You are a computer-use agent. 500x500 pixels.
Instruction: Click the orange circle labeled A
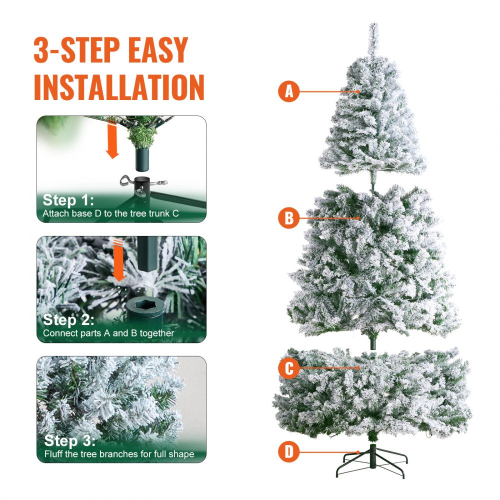point(288,92)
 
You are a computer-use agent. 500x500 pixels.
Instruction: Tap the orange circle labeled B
point(288,218)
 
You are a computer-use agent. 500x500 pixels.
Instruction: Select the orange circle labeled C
point(288,368)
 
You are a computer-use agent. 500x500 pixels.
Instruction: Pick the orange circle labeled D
point(288,452)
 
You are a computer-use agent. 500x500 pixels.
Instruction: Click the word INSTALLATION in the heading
point(119,87)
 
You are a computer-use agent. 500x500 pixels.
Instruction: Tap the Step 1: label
point(67,200)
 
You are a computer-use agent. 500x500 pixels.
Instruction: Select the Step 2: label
point(68,320)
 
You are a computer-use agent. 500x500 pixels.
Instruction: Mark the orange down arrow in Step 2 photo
point(119,260)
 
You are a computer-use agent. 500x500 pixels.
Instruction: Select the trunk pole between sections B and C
point(372,343)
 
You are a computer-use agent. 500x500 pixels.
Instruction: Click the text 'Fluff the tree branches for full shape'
point(118,454)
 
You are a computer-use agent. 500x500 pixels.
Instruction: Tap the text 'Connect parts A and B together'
point(108,333)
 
